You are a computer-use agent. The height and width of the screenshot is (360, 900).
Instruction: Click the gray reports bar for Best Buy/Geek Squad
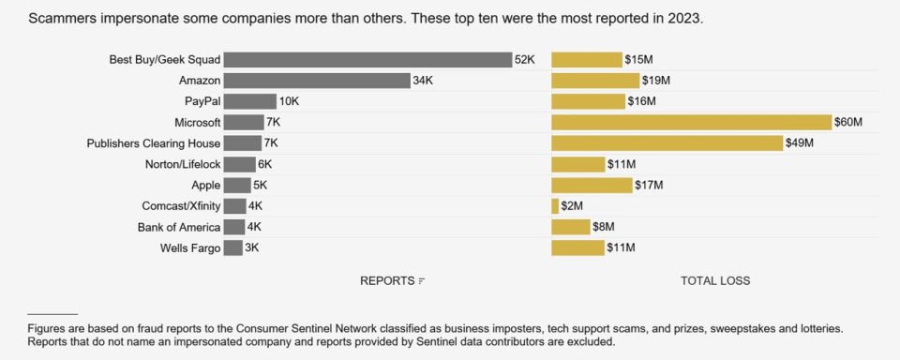[367, 60]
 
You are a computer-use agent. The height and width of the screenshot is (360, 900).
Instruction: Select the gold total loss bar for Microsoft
[691, 123]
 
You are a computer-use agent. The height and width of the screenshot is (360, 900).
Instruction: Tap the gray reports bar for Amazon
[317, 81]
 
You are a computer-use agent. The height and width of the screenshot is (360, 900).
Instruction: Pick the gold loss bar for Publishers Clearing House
[667, 143]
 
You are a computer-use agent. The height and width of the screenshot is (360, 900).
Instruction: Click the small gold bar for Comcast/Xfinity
[554, 206]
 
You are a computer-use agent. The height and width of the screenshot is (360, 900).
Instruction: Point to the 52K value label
[524, 60]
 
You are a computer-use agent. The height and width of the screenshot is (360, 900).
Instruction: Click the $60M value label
[849, 123]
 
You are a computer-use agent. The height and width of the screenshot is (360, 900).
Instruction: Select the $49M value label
[800, 143]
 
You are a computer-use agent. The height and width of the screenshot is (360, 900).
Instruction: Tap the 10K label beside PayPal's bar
[289, 101]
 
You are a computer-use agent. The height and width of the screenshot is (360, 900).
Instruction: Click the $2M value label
[573, 206]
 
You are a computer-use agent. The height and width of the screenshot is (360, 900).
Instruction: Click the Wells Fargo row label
[190, 248]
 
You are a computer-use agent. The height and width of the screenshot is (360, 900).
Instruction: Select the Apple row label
[205, 186]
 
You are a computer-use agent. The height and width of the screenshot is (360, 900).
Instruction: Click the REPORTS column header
[387, 281]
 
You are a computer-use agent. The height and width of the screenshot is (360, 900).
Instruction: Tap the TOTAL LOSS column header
[715, 281]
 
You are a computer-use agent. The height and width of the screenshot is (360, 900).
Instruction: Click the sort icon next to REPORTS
[422, 281]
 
